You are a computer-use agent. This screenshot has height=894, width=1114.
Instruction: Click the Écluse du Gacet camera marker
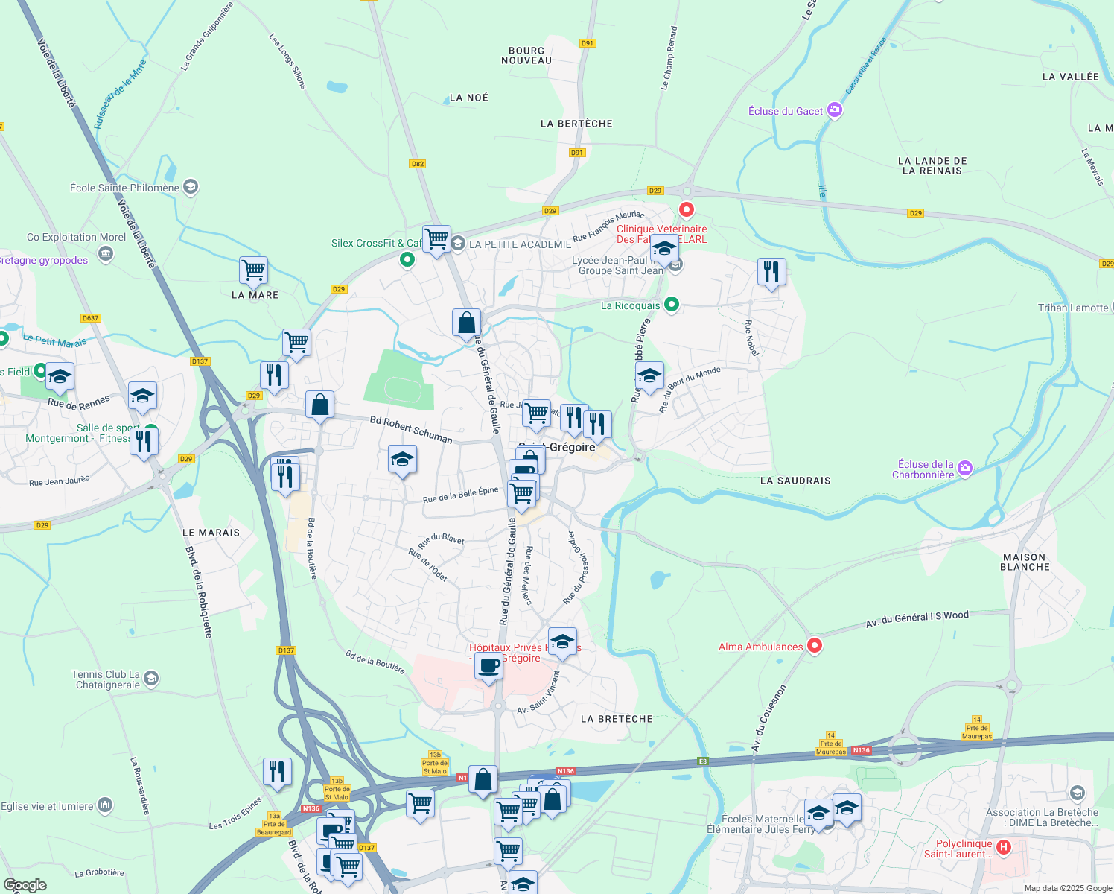835,111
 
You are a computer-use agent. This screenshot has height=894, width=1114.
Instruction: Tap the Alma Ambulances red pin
815,645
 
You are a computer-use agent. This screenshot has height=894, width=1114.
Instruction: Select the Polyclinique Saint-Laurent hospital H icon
1003,847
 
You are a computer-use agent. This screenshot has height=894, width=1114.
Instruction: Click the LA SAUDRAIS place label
795,481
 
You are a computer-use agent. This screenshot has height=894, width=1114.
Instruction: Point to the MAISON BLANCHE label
1025,562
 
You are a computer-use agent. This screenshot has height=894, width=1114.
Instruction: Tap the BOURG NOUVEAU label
526,56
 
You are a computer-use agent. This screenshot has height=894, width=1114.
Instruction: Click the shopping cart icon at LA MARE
253,270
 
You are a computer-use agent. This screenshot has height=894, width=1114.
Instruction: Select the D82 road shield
417,164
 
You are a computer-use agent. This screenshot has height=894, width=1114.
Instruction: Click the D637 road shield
90,318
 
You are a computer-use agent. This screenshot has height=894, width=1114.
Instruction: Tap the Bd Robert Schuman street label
411,430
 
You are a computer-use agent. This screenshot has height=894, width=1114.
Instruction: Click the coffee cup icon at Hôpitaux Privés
488,665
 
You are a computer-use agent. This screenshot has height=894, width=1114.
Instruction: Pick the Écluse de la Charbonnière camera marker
965,469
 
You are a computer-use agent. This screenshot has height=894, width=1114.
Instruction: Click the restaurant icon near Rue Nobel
771,272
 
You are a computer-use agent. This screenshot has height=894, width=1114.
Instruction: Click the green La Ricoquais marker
672,305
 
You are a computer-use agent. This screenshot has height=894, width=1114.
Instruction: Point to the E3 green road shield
702,761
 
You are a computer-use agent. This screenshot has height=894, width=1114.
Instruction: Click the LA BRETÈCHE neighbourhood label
617,719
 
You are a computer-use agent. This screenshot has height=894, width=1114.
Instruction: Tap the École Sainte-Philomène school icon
190,187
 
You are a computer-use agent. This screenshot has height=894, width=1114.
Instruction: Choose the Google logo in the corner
25,885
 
